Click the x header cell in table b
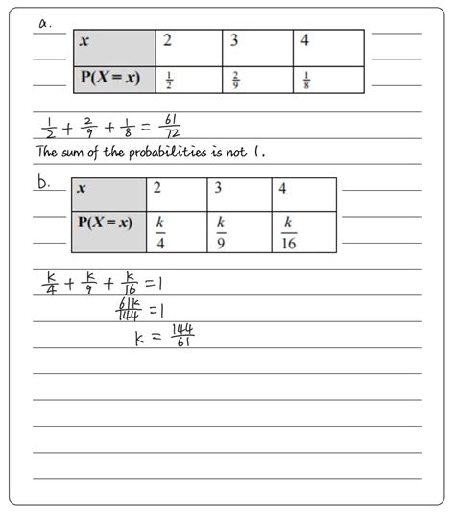click(108, 194)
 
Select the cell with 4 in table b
click(304, 194)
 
